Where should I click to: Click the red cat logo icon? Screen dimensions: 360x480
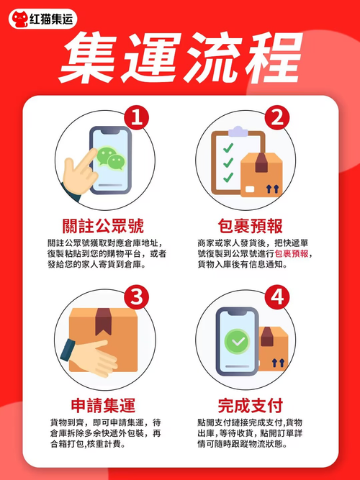click(x=19, y=19)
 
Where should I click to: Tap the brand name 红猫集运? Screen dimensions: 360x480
click(x=51, y=19)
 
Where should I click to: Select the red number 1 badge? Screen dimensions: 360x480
click(x=136, y=118)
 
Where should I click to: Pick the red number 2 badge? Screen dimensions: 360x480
click(x=277, y=118)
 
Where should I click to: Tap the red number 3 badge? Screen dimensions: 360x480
click(x=136, y=297)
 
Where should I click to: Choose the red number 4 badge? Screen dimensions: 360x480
click(x=277, y=297)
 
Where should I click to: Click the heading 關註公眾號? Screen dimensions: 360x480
click(x=103, y=226)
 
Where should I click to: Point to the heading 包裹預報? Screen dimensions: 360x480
click(x=251, y=226)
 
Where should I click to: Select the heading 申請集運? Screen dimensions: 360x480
click(x=103, y=405)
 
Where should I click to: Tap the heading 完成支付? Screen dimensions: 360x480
click(x=251, y=405)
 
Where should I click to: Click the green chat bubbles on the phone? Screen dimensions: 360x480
click(x=111, y=158)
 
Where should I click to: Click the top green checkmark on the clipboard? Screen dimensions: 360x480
click(x=228, y=148)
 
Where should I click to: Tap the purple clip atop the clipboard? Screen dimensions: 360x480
click(x=238, y=131)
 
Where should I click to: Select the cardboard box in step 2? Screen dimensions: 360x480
click(x=261, y=175)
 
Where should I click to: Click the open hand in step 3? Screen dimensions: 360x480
click(x=91, y=358)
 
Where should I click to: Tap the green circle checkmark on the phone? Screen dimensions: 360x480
click(x=237, y=341)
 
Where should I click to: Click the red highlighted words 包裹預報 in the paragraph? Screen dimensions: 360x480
click(x=292, y=254)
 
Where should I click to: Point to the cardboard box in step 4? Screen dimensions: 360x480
click(x=274, y=348)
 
